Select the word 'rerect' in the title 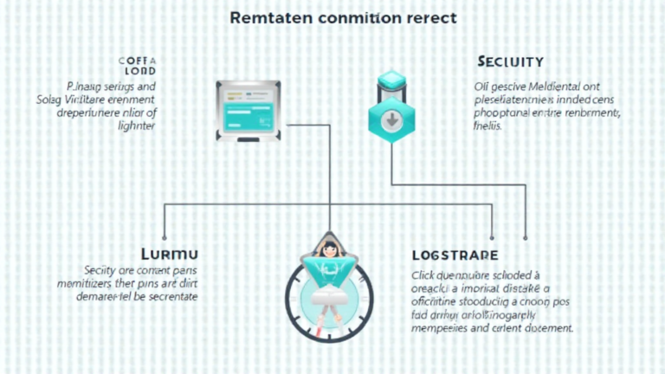[x=429, y=17]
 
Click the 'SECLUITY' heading [x=510, y=62]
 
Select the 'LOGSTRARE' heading [x=455, y=255]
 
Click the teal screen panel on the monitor [x=248, y=110]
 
